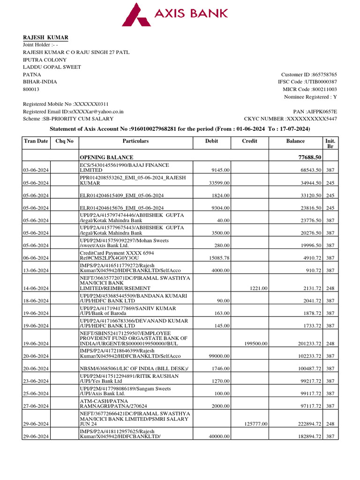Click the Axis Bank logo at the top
tap(175, 14)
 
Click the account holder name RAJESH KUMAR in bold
tap(46, 37)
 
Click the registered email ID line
tap(73, 112)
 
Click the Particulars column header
tap(135, 141)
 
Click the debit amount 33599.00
tap(218, 183)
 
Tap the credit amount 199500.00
tap(256, 344)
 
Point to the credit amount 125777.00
tap(256, 424)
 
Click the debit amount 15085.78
tap(218, 258)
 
